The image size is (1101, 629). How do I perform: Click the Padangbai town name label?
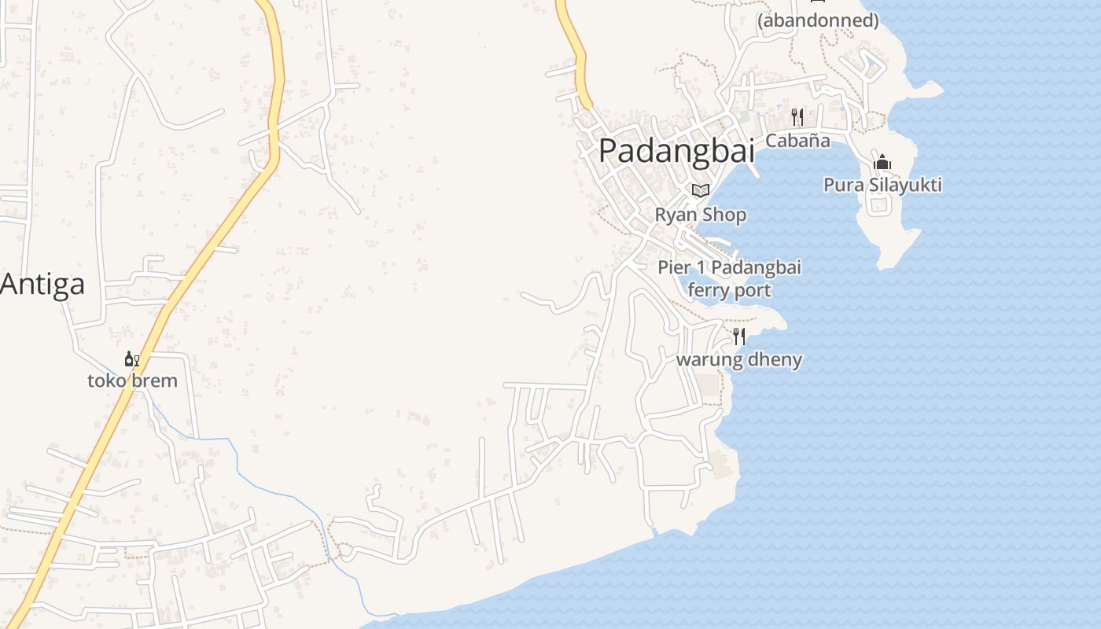pos(676,151)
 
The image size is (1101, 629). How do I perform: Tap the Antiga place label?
pos(42,284)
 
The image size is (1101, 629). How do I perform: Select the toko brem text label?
pos(132,381)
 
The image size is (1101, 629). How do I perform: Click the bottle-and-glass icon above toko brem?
pos(131,359)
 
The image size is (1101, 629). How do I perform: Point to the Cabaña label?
pos(797,141)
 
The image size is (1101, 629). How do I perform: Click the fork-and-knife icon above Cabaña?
pos(797,117)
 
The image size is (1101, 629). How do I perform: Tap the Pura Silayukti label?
pos(882,185)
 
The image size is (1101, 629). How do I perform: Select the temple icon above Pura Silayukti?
pos(882,163)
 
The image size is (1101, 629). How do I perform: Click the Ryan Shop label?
pos(701,215)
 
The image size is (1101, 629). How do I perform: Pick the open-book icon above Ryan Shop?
pos(701,190)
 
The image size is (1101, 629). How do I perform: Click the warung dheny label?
pos(739,360)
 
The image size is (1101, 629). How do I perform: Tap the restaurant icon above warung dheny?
pos(739,337)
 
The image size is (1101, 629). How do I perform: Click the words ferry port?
pos(729,290)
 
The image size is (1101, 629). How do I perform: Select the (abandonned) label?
pos(818,20)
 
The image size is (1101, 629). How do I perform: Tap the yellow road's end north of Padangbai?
pos(586,103)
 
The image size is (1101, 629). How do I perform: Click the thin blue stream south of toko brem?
pos(236,464)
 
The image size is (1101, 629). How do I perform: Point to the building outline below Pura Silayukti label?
pos(878,206)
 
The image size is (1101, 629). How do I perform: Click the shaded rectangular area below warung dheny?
pos(708,384)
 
